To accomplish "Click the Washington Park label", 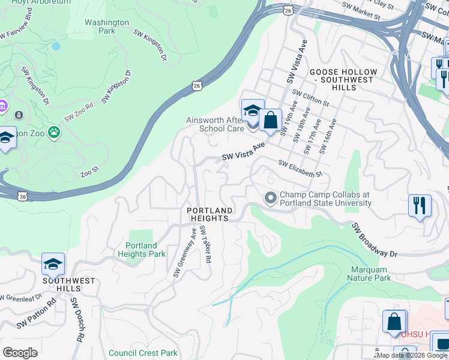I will pos(107,26).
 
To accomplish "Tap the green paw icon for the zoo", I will pos(55,131).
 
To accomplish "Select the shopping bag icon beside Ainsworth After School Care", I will pos(271,119).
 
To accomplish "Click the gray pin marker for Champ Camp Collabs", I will pos(270,197).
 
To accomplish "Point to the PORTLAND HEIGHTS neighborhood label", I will pos(209,214).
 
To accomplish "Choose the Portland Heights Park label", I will pos(141,250).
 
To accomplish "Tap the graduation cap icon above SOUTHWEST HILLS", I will pos(53,264).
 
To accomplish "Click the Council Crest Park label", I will pos(143,353).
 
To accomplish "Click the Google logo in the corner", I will pos(20,353).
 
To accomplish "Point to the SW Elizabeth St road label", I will pos(300,169).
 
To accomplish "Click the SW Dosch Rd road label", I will pos(76,319).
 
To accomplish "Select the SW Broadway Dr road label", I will pos(375,240).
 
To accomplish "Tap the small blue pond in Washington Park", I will pos(56,46).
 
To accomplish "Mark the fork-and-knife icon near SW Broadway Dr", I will pos(420,205).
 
